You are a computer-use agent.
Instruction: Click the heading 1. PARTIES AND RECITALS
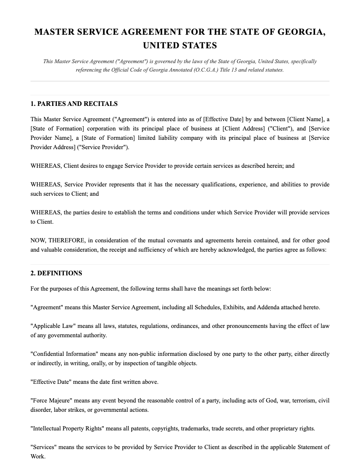coord(74,104)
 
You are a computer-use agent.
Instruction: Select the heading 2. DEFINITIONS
coord(56,273)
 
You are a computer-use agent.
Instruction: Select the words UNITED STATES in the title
coord(180,45)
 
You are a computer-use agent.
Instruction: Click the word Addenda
coord(268,308)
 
